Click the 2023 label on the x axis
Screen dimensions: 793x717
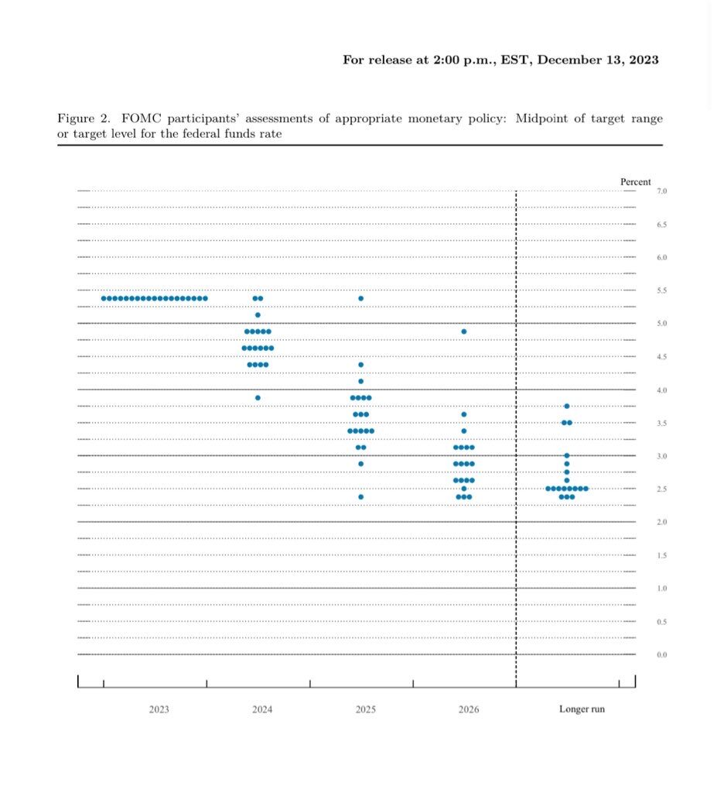(159, 709)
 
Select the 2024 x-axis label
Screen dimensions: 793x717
(262, 709)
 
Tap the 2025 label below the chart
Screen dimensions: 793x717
(366, 709)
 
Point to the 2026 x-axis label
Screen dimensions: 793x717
(468, 709)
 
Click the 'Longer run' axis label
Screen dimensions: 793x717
(582, 709)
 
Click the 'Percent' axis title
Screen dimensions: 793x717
(636, 182)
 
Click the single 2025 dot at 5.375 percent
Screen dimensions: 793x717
(360, 298)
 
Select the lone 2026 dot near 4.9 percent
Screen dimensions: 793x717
(464, 331)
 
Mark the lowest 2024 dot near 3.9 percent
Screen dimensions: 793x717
(258, 398)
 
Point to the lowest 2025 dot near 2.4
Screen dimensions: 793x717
(360, 497)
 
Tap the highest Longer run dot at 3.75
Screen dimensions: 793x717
(567, 406)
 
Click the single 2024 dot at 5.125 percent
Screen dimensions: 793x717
(258, 315)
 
